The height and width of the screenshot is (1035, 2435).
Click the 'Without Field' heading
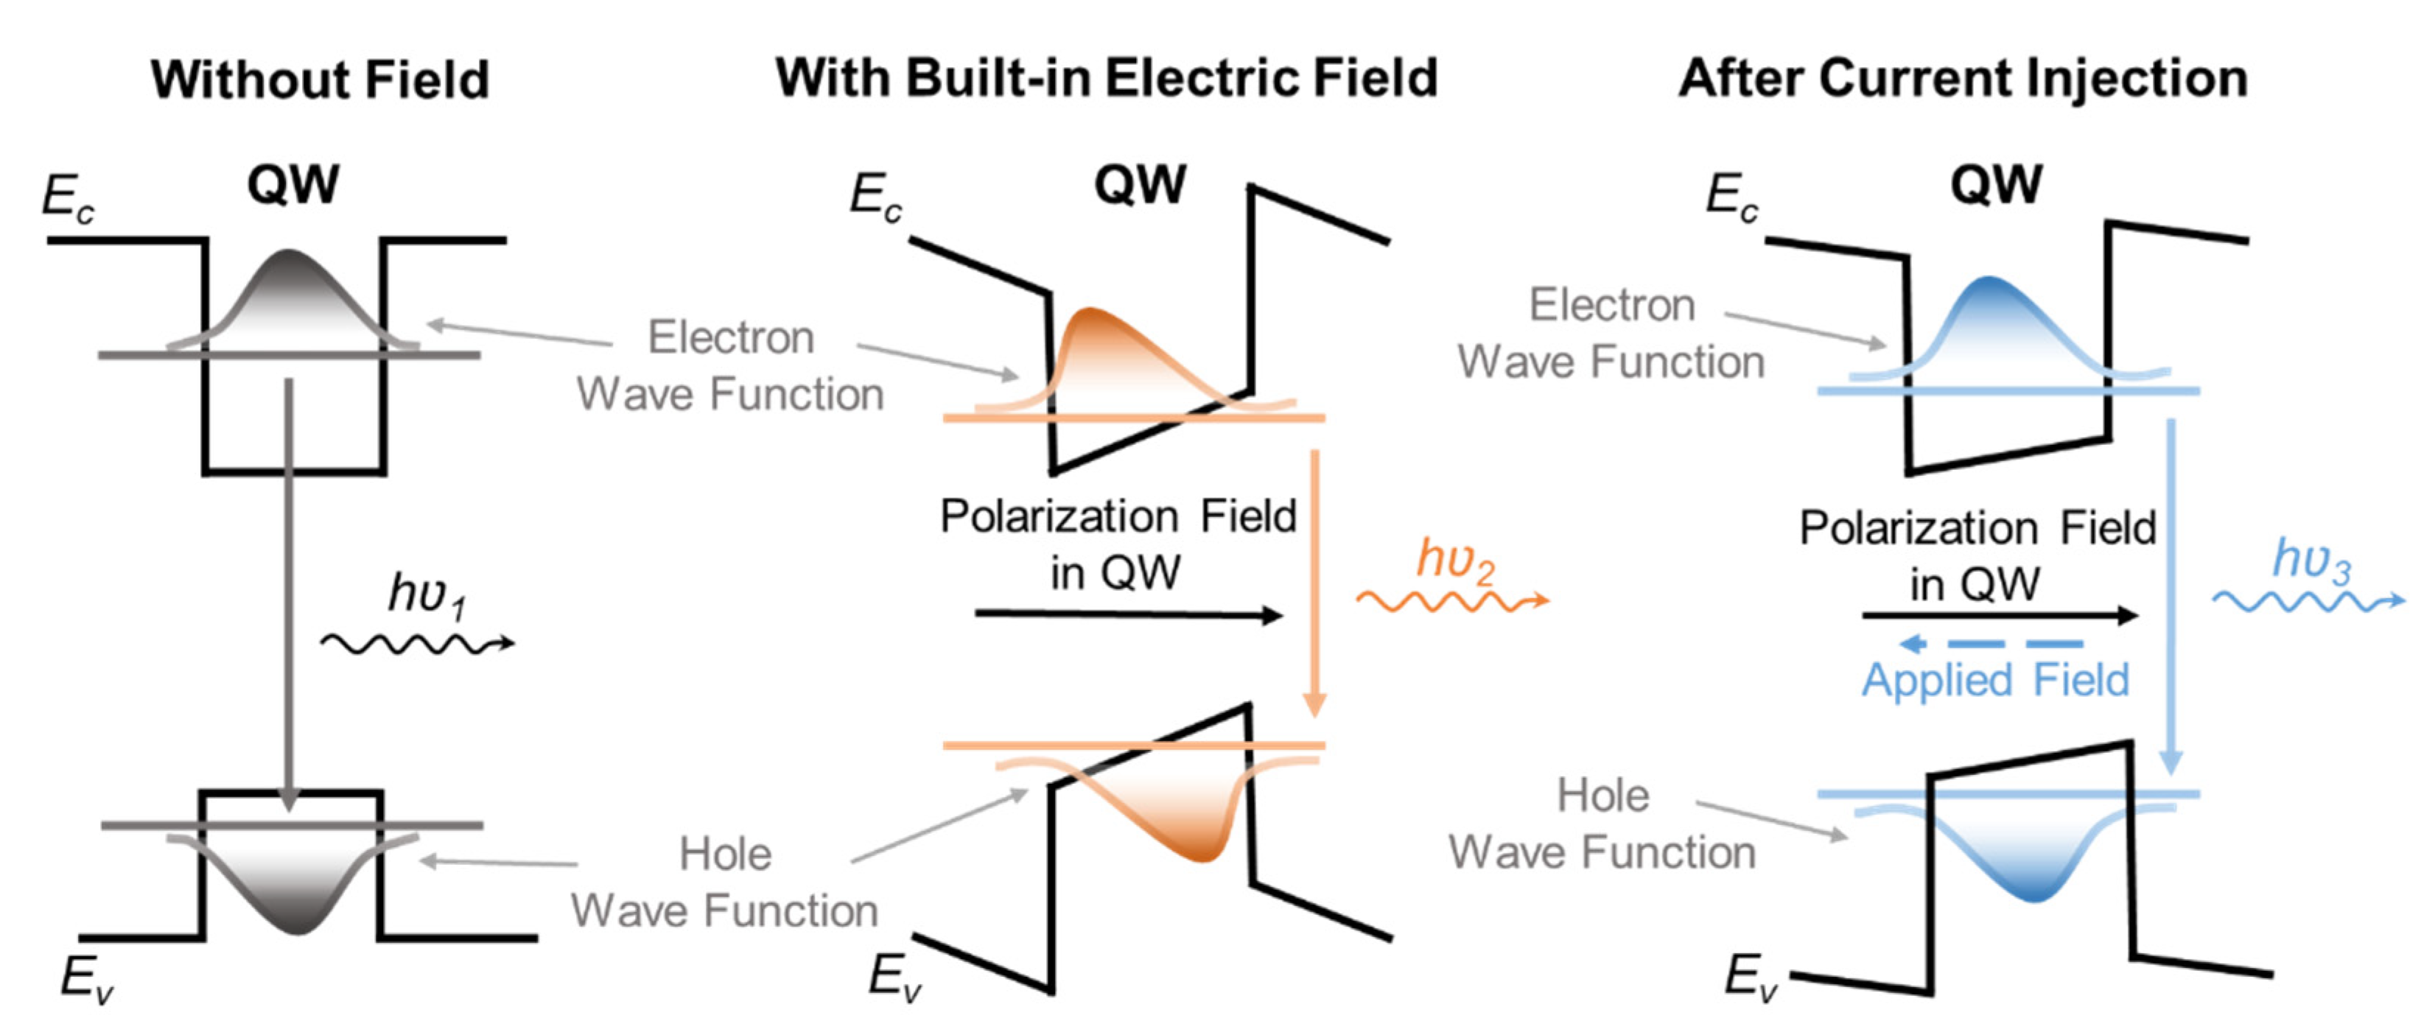(x=320, y=80)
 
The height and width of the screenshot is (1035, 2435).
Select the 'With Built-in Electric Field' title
(x=1106, y=77)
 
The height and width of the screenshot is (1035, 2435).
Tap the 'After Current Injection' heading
(x=1963, y=77)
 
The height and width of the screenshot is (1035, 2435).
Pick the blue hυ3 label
(x=2311, y=560)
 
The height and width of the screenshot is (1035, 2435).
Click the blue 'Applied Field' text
(x=1994, y=680)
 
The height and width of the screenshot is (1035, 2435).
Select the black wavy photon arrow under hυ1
(x=417, y=645)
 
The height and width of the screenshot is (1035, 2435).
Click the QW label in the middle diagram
(x=1139, y=184)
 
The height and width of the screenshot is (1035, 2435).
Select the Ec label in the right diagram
(x=1731, y=197)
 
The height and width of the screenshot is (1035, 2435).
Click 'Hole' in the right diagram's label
(x=1603, y=796)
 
